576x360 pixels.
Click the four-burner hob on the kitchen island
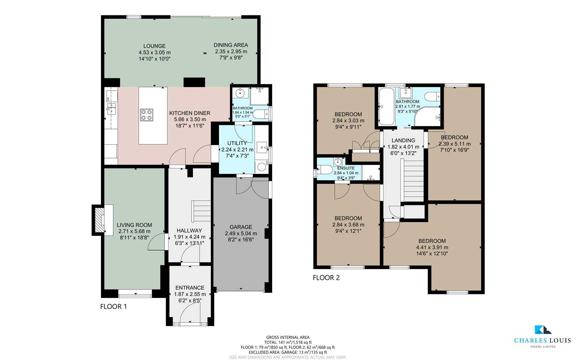pyautogui.click(x=147, y=115)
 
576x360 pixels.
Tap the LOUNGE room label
pyautogui.click(x=154, y=46)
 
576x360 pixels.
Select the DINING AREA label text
pyautogui.click(x=231, y=45)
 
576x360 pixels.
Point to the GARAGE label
pyautogui.click(x=241, y=227)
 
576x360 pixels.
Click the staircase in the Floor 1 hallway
pyautogui.click(x=201, y=211)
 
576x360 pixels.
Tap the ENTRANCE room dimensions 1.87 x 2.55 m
pyautogui.click(x=190, y=294)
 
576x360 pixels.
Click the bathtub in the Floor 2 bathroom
pyautogui.click(x=386, y=106)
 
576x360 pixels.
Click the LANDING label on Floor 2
pyautogui.click(x=403, y=140)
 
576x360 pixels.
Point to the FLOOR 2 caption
pyautogui.click(x=326, y=278)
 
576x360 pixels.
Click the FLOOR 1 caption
pyautogui.click(x=114, y=307)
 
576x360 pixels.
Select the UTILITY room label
pyautogui.click(x=237, y=143)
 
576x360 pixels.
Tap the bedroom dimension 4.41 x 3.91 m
pyautogui.click(x=432, y=247)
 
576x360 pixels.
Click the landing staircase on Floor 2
pyautogui.click(x=413, y=180)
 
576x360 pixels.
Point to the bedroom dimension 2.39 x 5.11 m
pyautogui.click(x=454, y=144)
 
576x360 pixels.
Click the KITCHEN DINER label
pyautogui.click(x=190, y=113)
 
